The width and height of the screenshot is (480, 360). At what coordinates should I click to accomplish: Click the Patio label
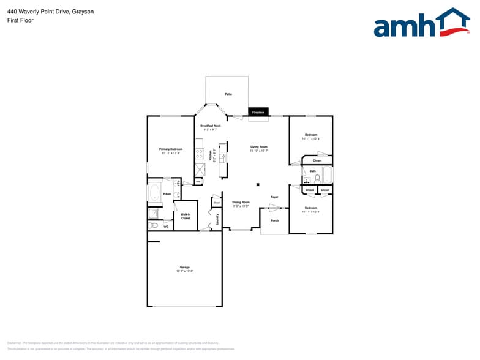tap(228, 94)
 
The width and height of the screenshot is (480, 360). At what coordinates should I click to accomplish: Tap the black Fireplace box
tap(258, 113)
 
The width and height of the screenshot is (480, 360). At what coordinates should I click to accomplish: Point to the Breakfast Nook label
tap(210, 127)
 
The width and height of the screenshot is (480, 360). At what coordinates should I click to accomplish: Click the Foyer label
tap(274, 197)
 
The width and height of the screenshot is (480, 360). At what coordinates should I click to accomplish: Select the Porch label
tap(274, 220)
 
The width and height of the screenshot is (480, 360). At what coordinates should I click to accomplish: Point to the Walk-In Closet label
tap(185, 216)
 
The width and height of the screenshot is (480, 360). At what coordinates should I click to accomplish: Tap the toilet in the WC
tap(154, 225)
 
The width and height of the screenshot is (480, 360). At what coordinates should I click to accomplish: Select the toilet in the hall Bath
tap(317, 178)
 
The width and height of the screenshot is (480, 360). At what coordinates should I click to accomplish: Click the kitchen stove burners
tap(199, 153)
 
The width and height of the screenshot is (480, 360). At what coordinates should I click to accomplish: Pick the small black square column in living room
tap(258, 184)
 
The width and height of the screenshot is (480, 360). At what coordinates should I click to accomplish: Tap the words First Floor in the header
tap(20, 20)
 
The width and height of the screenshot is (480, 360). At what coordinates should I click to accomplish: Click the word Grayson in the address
tap(83, 11)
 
